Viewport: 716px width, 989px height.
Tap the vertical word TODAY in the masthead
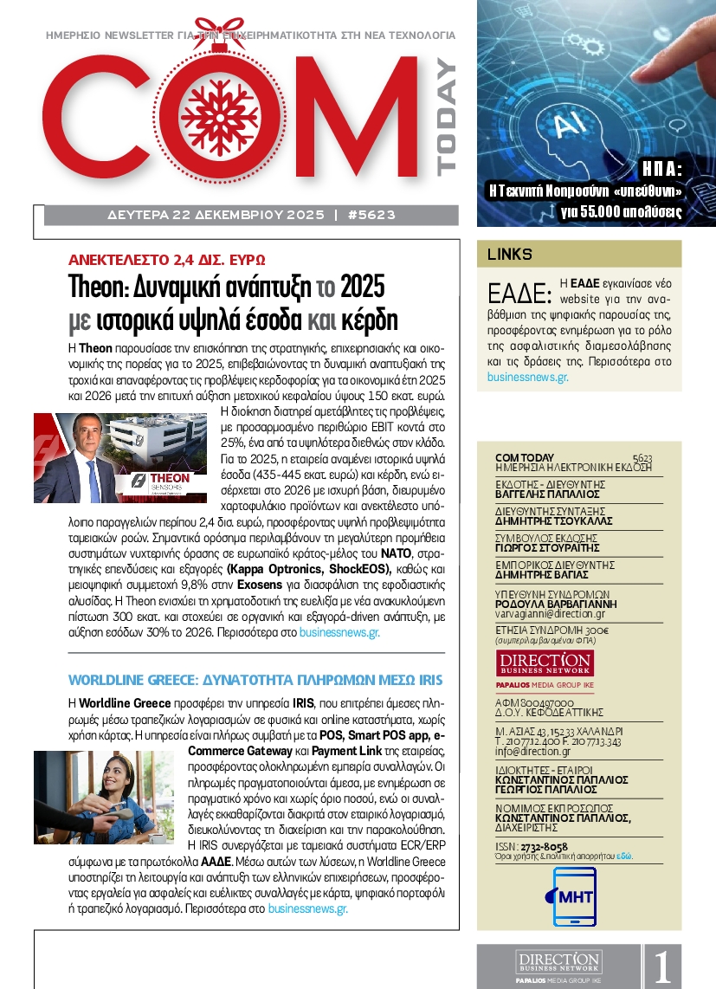445,118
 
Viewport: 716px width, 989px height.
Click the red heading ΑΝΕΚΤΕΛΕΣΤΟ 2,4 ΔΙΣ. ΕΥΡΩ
167,259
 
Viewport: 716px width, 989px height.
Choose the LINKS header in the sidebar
509,255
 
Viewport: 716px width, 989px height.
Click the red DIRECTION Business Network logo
532,666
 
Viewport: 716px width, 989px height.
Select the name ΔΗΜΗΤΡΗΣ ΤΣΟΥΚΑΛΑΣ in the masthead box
553,521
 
